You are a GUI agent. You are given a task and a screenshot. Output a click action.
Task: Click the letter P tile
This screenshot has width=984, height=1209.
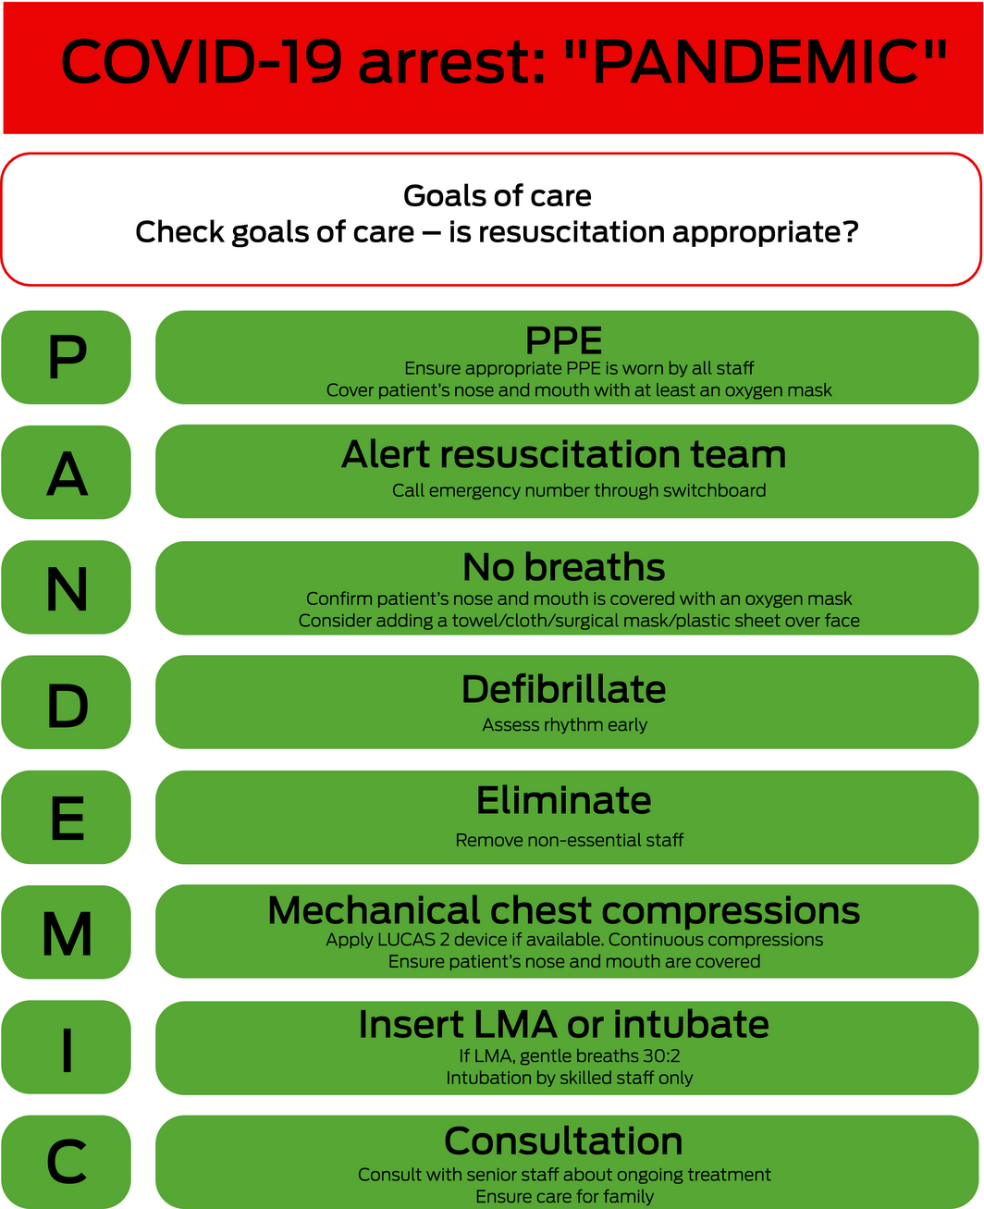[67, 357]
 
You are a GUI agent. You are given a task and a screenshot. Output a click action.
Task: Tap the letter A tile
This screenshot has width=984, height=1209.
[67, 473]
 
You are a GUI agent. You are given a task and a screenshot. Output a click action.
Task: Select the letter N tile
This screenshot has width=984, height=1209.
[67, 587]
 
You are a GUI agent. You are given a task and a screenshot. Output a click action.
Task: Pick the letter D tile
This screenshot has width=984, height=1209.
[67, 703]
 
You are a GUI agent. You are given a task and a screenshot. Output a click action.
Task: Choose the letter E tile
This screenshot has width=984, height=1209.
[67, 818]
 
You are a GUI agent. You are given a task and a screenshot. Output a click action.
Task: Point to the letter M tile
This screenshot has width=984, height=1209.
[67, 932]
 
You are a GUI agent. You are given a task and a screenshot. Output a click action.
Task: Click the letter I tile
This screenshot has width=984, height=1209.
[67, 1047]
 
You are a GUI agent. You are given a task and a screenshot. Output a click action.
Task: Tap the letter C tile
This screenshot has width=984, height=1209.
[67, 1162]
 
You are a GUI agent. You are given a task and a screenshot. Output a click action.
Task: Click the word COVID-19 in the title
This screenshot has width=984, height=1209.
[202, 62]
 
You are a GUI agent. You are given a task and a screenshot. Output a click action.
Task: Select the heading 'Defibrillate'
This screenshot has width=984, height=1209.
[564, 689]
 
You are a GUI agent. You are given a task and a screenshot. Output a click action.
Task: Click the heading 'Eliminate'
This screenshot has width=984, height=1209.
[564, 801]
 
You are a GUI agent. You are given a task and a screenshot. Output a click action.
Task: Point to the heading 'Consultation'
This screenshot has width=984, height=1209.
[564, 1141]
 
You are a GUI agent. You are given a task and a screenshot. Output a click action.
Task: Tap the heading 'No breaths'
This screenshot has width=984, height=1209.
[564, 567]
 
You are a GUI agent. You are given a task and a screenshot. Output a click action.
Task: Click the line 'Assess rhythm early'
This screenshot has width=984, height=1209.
[564, 725]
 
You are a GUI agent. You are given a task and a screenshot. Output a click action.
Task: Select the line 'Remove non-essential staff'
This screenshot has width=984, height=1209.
[569, 841]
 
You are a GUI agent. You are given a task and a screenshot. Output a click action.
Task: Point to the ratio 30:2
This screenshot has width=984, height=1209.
[660, 1055]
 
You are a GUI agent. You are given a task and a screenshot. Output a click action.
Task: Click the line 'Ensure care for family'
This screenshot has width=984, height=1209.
[564, 1197]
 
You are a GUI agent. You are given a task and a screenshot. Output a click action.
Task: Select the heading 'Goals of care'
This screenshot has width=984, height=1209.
[498, 196]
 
